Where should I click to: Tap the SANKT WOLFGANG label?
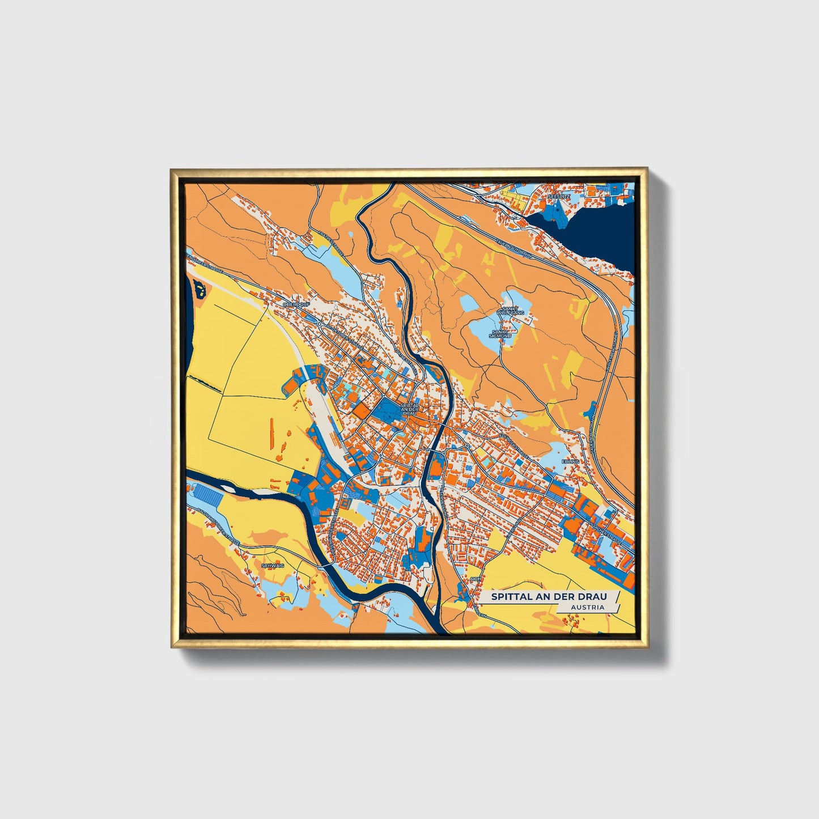507,311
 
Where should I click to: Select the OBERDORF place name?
294,304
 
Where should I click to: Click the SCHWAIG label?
272,565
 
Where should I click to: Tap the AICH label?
475,579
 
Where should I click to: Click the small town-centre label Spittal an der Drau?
409,409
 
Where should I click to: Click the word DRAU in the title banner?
593,597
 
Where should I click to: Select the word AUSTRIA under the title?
587,607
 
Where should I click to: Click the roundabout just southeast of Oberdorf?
320,324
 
